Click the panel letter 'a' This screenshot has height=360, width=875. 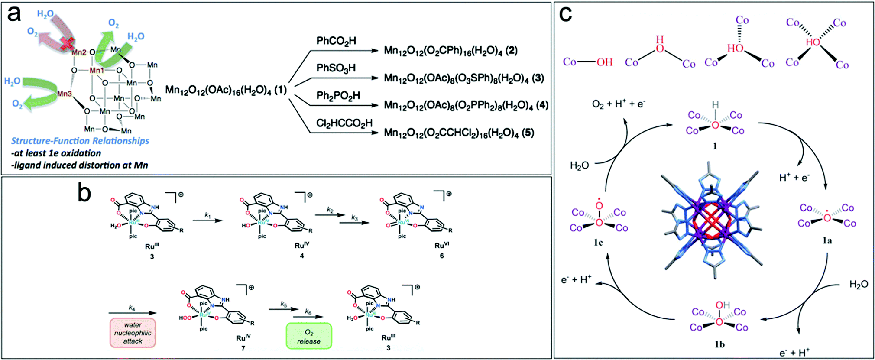click(x=14, y=14)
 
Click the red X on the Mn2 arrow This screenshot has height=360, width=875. click(x=66, y=43)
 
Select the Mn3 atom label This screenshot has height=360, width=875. click(x=65, y=94)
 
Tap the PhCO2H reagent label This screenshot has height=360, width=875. click(x=336, y=41)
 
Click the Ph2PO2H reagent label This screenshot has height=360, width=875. click(x=338, y=95)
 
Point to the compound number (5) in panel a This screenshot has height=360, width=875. click(x=528, y=133)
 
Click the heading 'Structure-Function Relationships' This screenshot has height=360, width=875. click(x=80, y=141)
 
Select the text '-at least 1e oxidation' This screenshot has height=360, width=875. click(x=56, y=153)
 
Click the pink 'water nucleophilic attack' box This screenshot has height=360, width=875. click(x=133, y=333)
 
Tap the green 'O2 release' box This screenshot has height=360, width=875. click(x=309, y=336)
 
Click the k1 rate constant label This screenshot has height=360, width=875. click(x=208, y=215)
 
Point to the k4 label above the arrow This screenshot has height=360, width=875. click(x=132, y=308)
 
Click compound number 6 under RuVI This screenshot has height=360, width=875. click(x=442, y=256)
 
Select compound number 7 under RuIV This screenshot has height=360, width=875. click(x=243, y=348)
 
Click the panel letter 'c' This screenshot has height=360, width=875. click(x=565, y=14)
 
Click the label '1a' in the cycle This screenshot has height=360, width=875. click(x=827, y=240)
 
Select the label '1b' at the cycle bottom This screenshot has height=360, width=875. click(x=719, y=344)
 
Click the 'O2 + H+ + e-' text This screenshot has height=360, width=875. click(x=618, y=104)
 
